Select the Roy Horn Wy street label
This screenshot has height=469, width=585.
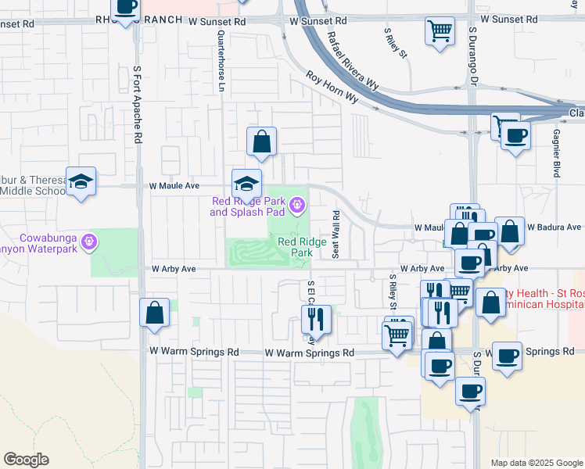coord(332,88)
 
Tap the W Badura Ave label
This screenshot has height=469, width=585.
coord(555,227)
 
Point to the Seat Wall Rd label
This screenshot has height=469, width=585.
coord(335,234)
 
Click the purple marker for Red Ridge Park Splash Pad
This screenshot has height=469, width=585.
coord(297,206)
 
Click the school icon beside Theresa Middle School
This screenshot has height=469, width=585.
coord(81,182)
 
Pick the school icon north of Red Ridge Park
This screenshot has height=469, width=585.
coord(246,184)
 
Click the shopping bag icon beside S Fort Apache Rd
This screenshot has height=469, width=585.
coord(155,312)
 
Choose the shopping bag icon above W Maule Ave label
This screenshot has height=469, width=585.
coord(261,141)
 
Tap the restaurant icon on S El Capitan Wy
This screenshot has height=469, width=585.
coord(316,318)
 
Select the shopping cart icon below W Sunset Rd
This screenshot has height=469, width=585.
coord(440,31)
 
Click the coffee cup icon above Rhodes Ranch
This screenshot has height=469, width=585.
coord(126,7)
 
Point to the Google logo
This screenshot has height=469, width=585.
coord(26,460)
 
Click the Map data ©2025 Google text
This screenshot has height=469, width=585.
coord(536,463)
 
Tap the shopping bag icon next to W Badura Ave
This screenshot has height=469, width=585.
coord(510,231)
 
